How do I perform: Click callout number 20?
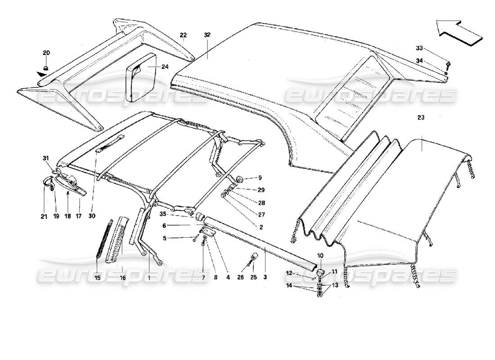46,53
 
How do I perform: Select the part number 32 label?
207,35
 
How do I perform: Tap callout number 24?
164,67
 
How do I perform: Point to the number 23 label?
421,117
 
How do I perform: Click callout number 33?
419,48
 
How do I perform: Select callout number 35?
163,214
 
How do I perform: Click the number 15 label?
97,278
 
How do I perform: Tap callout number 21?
44,216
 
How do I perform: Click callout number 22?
183,35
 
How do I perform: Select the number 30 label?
92,216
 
